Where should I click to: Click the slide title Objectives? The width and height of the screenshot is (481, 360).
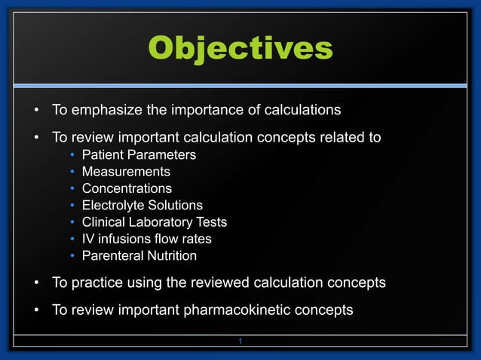pos(240,48)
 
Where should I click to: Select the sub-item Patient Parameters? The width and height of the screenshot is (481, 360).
pos(139,155)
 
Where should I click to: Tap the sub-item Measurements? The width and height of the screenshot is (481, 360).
pos(126,172)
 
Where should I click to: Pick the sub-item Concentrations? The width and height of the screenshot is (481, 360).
pos(127,188)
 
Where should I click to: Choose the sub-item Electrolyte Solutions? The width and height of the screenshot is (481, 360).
pos(142,205)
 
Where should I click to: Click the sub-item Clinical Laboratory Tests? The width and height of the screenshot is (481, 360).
pos(154,222)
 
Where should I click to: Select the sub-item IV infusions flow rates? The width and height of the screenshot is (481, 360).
pos(146,239)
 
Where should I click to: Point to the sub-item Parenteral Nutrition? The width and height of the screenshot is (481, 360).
pos(139,256)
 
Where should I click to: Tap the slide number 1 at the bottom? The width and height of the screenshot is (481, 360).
pos(240,343)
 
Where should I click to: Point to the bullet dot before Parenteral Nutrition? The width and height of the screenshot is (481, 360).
pos(72,256)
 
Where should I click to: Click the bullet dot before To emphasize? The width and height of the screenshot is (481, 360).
pos(35,111)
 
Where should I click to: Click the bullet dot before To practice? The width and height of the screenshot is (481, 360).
pos(35,283)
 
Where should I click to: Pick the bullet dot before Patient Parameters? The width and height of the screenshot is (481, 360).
pos(72,155)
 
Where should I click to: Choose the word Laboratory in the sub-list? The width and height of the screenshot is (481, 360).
pos(162,222)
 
